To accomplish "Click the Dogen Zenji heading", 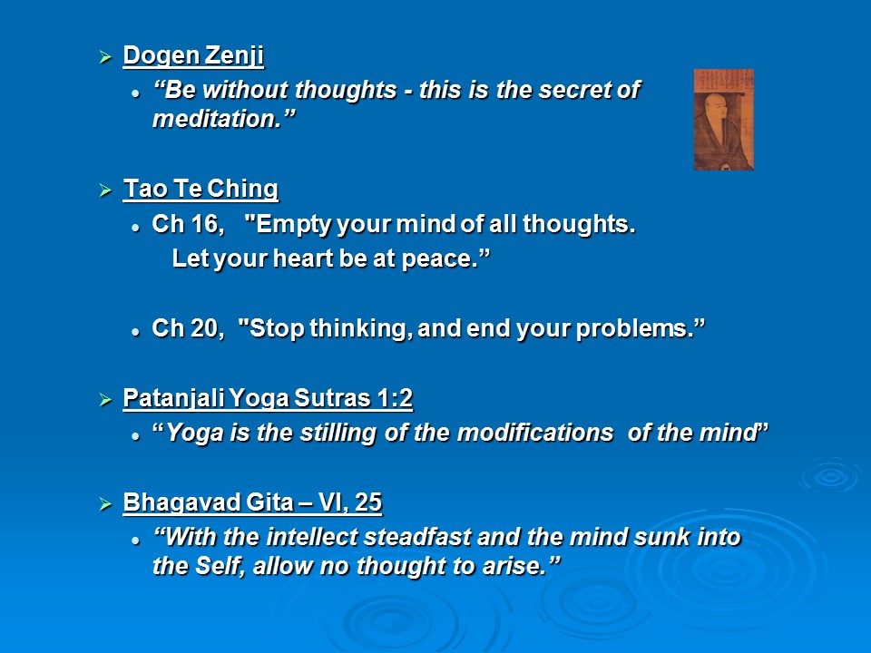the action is [x=193, y=56].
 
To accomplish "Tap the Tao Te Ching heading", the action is [x=201, y=190].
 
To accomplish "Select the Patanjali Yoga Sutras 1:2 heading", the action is [x=268, y=399].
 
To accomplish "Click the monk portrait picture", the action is [x=724, y=120].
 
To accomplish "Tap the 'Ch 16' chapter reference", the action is [x=188, y=224].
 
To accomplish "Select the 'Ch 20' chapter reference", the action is [x=188, y=328].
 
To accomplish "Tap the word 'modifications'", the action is [x=535, y=434].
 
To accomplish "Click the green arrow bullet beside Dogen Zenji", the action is [x=105, y=56].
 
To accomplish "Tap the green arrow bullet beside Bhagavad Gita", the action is [x=105, y=503].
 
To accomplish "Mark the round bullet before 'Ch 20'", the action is [x=135, y=332].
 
